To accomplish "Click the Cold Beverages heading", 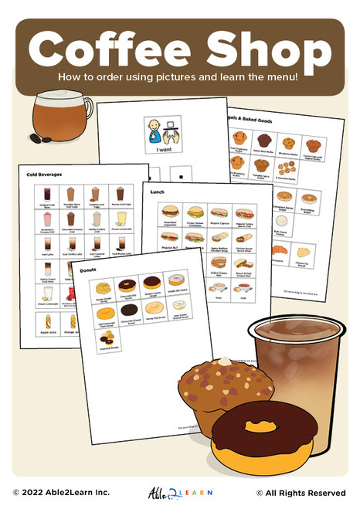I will coord(43,175).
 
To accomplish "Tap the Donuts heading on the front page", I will coord(91,269).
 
